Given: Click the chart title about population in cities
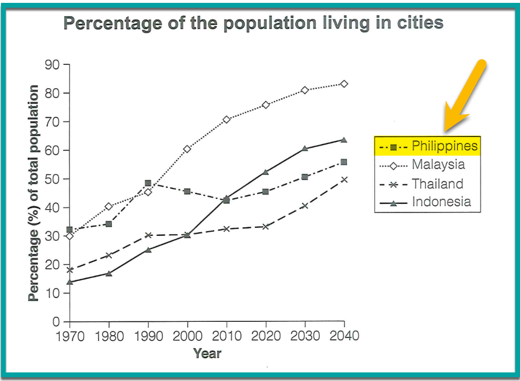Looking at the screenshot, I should tap(253, 23).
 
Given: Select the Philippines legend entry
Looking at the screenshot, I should tap(426, 146).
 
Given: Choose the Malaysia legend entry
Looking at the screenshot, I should tap(426, 165).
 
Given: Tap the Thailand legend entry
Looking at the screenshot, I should tap(426, 184).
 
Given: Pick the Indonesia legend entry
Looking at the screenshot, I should tap(426, 202).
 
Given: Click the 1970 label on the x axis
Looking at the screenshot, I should tap(70, 336).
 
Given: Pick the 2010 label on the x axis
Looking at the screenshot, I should tap(227, 336).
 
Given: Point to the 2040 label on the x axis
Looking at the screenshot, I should tap(344, 336).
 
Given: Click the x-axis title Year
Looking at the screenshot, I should tap(207, 354).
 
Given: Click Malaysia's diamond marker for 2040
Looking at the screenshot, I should tap(344, 84).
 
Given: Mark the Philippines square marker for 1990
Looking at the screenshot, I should tap(148, 183).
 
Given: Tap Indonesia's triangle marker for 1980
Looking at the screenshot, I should tap(109, 274).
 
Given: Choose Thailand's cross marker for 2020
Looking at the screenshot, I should tap(266, 226).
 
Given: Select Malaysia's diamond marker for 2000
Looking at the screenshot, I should tap(187, 149).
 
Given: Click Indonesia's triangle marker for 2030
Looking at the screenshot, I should tap(305, 148).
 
